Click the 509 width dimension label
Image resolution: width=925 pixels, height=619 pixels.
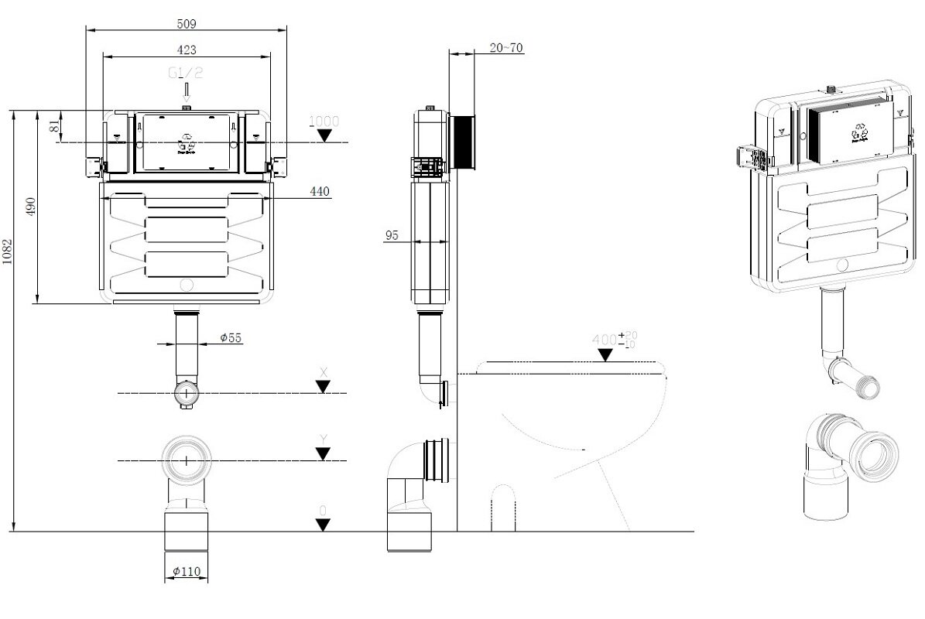coord(185,23)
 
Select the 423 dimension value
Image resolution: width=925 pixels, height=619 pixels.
coord(187,50)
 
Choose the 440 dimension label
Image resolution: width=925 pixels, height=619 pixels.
coord(319,190)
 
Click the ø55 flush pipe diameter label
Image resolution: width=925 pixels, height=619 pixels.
coord(230,337)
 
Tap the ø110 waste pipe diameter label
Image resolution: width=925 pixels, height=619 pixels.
coord(187,571)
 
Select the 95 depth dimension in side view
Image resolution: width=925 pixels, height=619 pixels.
coord(392,235)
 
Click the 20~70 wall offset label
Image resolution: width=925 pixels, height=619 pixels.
coord(507,48)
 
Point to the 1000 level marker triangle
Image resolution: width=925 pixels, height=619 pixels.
coord(324,136)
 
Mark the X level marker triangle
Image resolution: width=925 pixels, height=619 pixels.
coord(324,388)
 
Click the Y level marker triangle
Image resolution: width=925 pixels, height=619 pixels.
coord(324,454)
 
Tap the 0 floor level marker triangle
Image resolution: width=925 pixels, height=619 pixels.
coord(324,525)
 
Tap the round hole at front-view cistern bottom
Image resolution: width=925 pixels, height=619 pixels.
coord(186,285)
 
